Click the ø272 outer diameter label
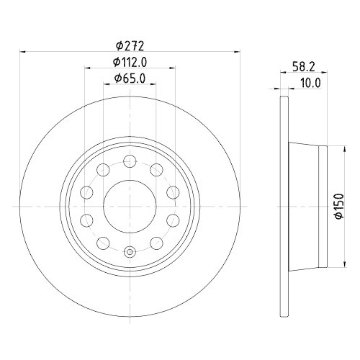tap(130, 45)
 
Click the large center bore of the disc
tap(130, 206)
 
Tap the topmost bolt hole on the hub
tap(130, 161)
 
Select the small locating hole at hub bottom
tap(130, 251)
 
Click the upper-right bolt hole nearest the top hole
tap(156, 169)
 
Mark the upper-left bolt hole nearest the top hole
tap(103, 169)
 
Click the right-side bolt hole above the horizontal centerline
tap(173, 192)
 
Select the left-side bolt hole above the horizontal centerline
tap(86, 192)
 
